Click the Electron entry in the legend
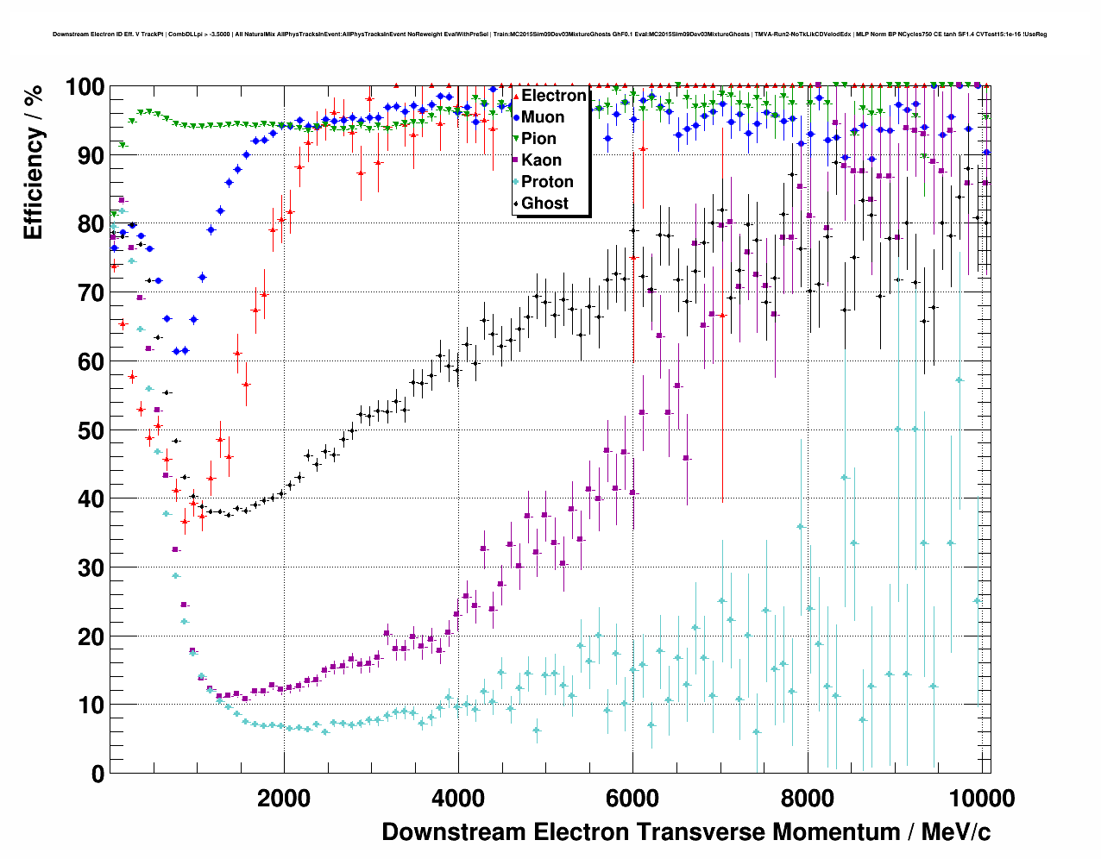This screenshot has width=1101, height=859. click(553, 96)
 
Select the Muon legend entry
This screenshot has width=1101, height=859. click(543, 117)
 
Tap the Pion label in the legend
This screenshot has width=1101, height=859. click(538, 139)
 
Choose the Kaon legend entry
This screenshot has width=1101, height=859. click(541, 160)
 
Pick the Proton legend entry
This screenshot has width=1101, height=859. click(547, 182)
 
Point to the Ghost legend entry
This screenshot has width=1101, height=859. click(544, 204)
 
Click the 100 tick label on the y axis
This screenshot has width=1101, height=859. click(85, 87)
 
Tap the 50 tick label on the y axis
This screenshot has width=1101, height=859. click(91, 430)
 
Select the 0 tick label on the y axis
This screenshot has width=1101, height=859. click(98, 774)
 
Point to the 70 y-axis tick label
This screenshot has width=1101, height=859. click(91, 293)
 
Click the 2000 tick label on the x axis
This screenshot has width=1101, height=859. click(283, 799)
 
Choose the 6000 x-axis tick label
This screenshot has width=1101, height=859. click(632, 799)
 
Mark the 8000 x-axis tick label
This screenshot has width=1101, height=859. click(808, 799)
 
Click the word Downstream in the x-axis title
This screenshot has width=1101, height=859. click(454, 832)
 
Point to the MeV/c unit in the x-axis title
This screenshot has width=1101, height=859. click(956, 832)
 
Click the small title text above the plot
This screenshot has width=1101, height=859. click(550, 34)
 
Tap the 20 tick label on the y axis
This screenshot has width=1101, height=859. click(91, 636)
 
